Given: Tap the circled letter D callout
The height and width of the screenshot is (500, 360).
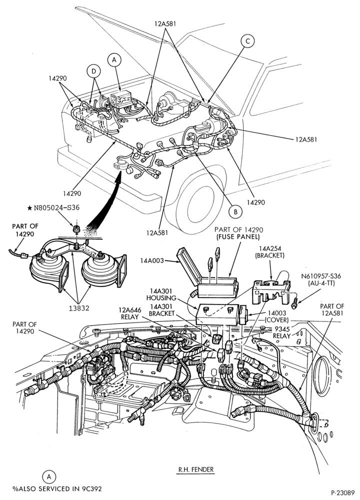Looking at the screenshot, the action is (93, 71).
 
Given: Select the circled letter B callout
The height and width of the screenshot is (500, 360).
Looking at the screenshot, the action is (235, 211).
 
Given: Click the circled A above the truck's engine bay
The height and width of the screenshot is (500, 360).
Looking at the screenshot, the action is (115, 59).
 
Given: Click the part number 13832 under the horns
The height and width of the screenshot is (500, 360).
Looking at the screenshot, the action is (78, 308).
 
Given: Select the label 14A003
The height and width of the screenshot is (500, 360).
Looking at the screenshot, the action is (151, 260).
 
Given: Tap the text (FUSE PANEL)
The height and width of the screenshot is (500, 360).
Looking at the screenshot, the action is (238, 237).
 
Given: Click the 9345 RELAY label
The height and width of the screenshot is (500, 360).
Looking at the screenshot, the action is (282, 332).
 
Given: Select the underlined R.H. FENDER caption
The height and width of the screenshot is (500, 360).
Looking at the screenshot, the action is (196, 469).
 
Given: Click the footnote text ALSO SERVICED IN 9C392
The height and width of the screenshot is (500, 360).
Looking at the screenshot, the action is (59, 488).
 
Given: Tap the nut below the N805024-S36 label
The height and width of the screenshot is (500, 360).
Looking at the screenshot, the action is (76, 229).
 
